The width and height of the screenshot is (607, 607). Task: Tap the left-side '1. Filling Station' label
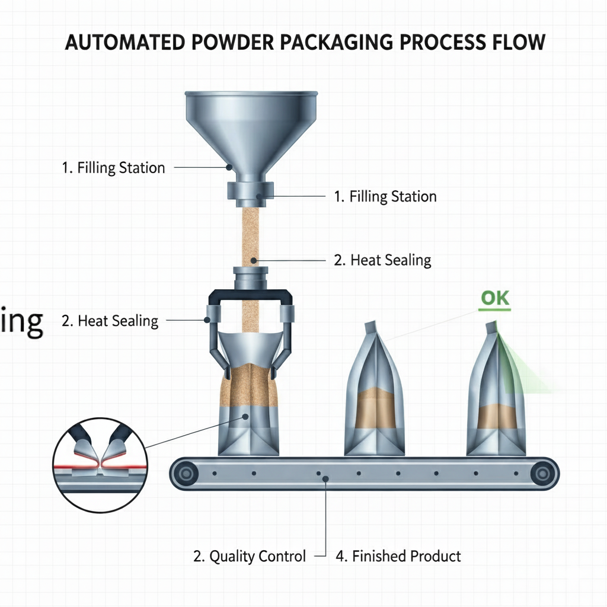(x=113, y=168)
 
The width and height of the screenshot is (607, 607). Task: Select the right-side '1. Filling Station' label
(x=385, y=196)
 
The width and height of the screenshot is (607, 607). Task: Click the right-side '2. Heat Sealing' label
(x=382, y=260)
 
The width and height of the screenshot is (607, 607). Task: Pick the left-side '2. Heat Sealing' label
(x=110, y=321)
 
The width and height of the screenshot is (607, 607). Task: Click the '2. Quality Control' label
(x=250, y=556)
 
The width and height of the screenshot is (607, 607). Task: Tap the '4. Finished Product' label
(x=398, y=556)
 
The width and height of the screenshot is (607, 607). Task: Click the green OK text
(x=494, y=298)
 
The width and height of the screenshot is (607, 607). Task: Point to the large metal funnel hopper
(x=251, y=127)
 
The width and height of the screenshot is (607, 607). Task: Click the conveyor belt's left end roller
(x=188, y=473)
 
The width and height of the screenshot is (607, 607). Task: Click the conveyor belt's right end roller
(x=541, y=473)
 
